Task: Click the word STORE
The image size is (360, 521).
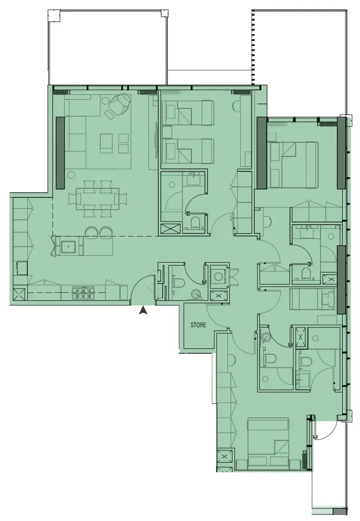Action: point(198,325)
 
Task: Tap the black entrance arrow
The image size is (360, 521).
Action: point(143,310)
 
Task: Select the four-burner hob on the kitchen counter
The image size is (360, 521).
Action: point(83,292)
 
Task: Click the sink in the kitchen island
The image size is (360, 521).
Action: point(68,246)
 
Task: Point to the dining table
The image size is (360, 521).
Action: point(98,199)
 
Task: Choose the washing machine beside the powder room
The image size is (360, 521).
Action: point(219,276)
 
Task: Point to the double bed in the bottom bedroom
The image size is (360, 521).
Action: point(268,444)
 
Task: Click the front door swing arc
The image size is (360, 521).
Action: point(139,286)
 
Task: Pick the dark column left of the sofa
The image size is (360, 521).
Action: point(60,153)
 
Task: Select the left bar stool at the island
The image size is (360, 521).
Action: point(91,232)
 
